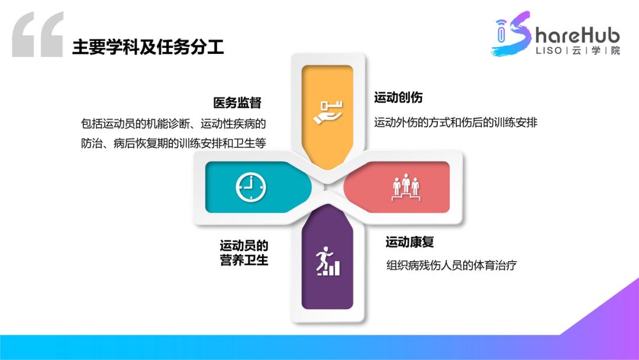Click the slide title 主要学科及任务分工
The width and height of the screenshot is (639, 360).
(x=148, y=47)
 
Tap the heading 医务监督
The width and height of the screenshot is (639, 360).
(x=237, y=102)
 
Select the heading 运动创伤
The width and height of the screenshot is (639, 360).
(x=398, y=97)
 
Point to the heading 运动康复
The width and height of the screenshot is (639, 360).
(x=410, y=242)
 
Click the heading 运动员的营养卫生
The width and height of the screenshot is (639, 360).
(x=244, y=253)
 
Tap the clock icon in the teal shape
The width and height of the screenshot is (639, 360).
(x=251, y=187)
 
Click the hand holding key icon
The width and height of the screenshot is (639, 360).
(x=327, y=112)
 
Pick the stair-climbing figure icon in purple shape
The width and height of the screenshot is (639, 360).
(x=328, y=262)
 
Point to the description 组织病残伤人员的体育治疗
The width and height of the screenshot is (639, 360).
(x=451, y=265)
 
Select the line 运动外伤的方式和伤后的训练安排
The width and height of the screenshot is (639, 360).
(x=456, y=123)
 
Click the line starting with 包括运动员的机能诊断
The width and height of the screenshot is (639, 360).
(x=173, y=124)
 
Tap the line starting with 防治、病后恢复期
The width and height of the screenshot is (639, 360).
(x=173, y=144)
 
